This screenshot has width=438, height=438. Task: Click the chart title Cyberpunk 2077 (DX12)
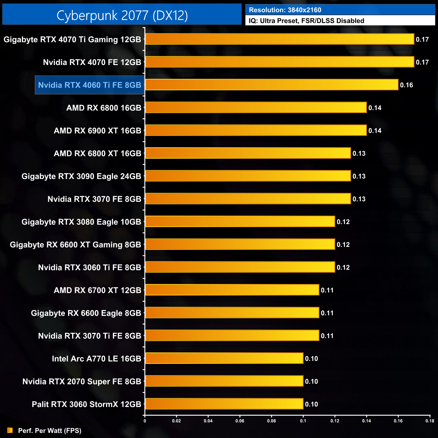click(122, 15)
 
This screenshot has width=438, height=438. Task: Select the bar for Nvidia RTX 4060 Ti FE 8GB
click(272, 85)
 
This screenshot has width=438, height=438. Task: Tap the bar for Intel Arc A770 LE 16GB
click(224, 358)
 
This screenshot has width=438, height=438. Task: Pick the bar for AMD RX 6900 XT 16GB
click(256, 130)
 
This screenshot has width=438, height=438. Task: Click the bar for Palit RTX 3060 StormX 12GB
click(224, 404)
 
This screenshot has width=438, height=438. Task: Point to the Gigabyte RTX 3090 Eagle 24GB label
click(81, 176)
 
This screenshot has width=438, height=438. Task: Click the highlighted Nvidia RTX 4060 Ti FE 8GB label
click(90, 85)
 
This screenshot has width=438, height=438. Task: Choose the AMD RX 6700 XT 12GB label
click(97, 290)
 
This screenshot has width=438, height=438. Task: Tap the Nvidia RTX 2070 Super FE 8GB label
click(82, 381)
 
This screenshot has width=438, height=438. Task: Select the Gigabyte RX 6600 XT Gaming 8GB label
click(75, 245)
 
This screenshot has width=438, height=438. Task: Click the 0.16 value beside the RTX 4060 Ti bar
click(406, 85)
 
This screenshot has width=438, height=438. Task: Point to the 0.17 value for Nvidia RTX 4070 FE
click(422, 62)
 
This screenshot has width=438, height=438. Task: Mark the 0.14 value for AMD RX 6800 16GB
click(375, 108)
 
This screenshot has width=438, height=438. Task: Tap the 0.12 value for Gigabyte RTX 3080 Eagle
click(343, 222)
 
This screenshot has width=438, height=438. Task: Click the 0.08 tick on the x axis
click(272, 421)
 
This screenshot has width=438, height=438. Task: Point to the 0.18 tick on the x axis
click(430, 421)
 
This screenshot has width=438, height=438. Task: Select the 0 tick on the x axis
click(145, 421)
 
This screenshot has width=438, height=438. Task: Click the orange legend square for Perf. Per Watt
click(10, 430)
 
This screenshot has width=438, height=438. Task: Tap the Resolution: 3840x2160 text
click(285, 10)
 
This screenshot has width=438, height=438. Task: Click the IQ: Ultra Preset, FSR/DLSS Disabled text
click(306, 21)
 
